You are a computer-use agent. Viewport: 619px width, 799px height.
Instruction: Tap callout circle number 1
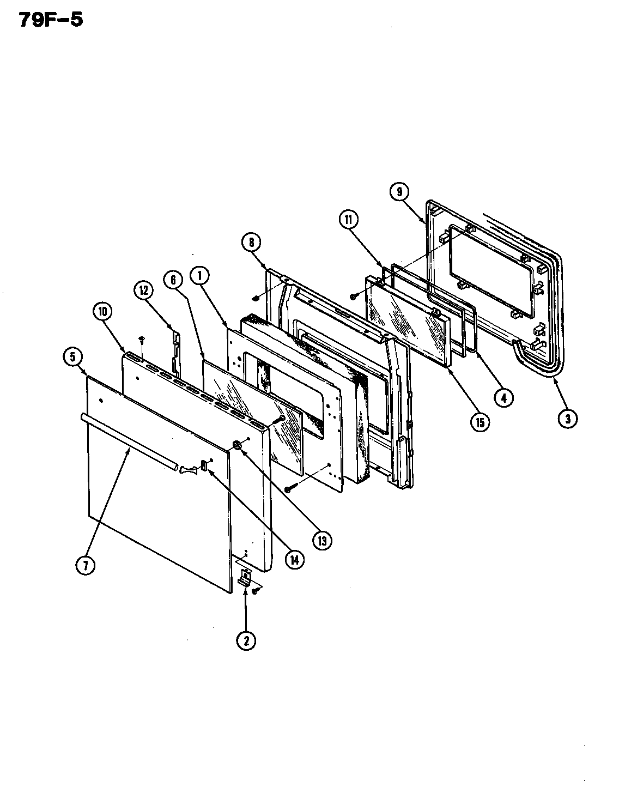click(200, 276)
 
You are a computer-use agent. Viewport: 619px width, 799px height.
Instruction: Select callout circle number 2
click(246, 641)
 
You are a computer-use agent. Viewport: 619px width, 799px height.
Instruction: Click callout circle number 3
click(568, 419)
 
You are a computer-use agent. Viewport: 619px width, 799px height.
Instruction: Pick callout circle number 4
click(503, 398)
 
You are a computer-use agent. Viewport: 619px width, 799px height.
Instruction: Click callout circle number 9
click(399, 191)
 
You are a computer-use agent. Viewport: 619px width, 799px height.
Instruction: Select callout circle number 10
click(102, 312)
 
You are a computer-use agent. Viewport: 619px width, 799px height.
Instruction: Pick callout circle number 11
click(348, 220)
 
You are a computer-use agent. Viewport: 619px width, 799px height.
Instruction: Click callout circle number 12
click(143, 291)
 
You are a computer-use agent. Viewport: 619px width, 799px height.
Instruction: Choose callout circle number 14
click(295, 560)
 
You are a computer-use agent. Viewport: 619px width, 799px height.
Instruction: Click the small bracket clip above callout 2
click(246, 578)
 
